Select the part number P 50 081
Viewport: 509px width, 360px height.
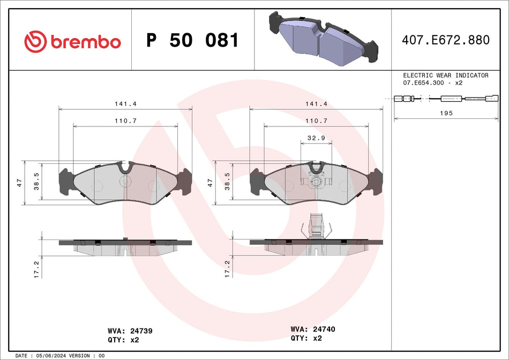coord(192,41)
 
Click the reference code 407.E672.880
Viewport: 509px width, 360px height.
coord(446,40)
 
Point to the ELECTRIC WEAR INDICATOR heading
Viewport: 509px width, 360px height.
coord(445,76)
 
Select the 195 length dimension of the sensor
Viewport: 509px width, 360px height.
coord(446,113)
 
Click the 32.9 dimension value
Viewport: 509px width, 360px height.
coord(316,138)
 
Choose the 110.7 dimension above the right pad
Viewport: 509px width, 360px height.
coord(316,121)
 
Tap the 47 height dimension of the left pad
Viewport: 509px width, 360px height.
coord(19,183)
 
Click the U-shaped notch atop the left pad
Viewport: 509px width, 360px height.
coord(125,168)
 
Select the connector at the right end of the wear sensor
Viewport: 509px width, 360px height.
coord(490,98)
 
